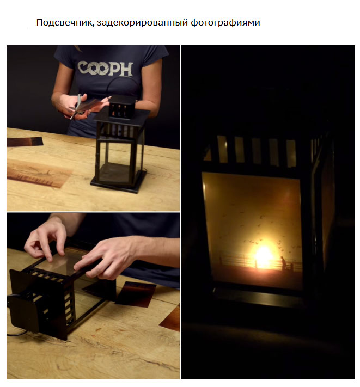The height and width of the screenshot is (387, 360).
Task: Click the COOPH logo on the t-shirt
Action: click(106, 69)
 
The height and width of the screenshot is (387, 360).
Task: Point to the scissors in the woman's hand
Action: click(77, 106)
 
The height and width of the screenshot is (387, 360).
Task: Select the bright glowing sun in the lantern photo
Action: click(264, 257)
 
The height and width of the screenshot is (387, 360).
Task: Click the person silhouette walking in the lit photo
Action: click(283, 262)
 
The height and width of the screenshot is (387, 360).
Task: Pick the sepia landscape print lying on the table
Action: click(39, 173)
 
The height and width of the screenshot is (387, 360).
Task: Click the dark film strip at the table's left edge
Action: click(25, 142)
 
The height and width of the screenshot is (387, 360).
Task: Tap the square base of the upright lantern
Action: click(119, 182)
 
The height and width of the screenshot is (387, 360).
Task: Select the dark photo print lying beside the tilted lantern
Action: click(136, 294)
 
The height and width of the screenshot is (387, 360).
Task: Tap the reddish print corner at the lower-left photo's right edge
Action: click(171, 318)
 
